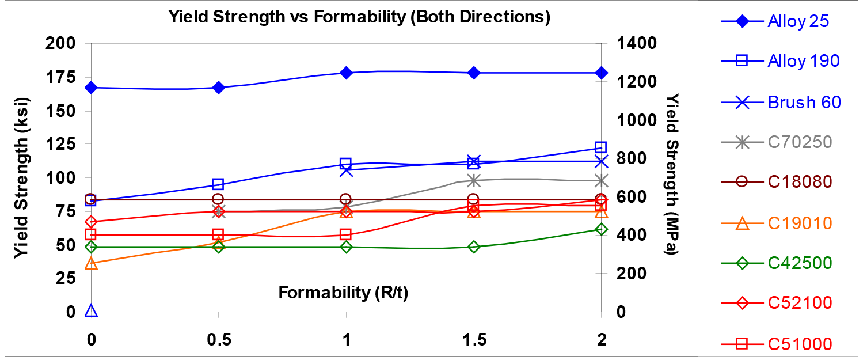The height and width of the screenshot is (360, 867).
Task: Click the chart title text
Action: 359,17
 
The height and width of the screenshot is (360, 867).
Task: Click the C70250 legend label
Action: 799,142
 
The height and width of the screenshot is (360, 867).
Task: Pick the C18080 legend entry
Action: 799,181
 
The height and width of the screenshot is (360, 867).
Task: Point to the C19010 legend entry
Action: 799,223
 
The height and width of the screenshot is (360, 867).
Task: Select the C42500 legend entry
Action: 799,263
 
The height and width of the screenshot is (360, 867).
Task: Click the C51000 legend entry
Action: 799,344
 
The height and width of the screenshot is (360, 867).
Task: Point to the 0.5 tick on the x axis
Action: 218,340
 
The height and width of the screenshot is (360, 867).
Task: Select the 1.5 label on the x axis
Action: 473,340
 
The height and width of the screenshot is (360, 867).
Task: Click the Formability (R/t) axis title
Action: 344,293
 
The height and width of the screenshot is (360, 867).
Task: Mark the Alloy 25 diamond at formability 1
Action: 346,73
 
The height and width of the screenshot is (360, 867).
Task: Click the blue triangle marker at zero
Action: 90,311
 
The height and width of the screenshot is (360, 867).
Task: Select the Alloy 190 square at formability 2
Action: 601,147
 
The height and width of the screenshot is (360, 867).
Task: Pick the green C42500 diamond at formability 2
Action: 601,229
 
